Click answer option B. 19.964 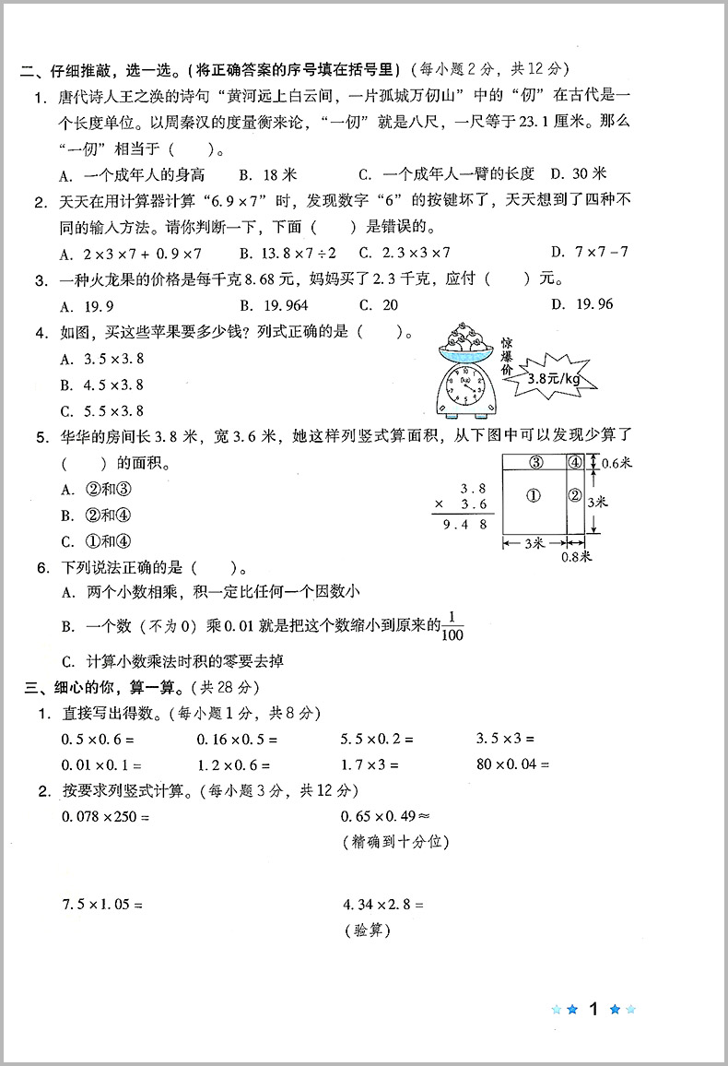tap(274, 305)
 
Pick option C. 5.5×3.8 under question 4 tap(102, 411)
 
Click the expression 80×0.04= tap(512, 764)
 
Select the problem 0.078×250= tap(105, 816)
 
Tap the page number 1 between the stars tap(594, 1009)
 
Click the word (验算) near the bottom tap(366, 930)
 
